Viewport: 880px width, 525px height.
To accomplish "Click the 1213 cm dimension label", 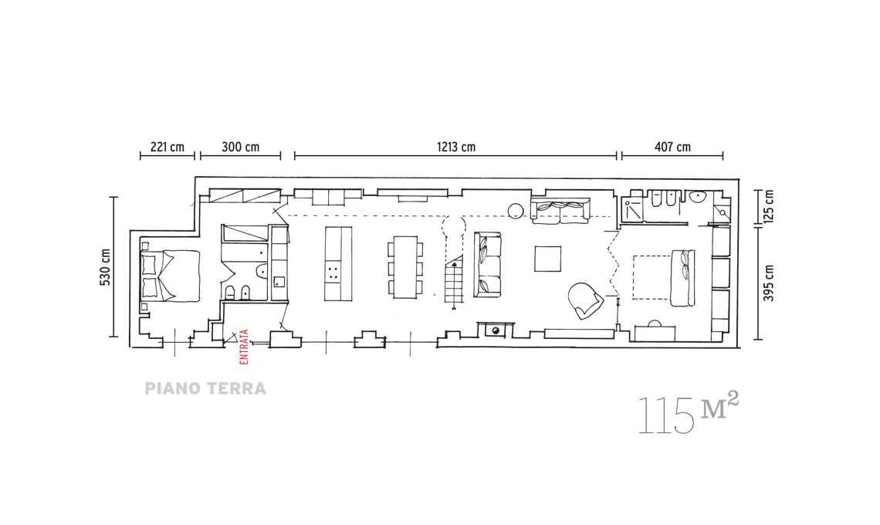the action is tap(455, 147).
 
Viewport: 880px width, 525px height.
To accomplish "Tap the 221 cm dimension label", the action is tap(168, 147).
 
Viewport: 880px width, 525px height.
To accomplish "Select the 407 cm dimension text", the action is tap(672, 147).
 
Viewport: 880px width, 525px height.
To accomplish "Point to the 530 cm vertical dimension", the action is tap(105, 266).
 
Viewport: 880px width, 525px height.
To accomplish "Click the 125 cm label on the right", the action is tap(769, 206).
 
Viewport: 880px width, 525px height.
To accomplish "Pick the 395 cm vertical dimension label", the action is tap(769, 283).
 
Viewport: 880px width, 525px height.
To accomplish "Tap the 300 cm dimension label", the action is tap(240, 147).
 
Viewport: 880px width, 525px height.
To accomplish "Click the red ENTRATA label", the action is tap(244, 347).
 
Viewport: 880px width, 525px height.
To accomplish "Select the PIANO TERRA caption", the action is tap(205, 388).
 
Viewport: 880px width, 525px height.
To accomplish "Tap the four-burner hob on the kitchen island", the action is tap(333, 273).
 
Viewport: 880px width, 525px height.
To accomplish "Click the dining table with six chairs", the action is tap(404, 267).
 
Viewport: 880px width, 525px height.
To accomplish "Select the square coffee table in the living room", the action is tap(547, 259).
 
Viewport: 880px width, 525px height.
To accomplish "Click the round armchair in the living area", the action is tap(585, 300).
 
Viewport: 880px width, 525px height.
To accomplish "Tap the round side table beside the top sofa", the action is tap(516, 211).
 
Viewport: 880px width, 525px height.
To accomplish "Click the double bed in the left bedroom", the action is tap(170, 275).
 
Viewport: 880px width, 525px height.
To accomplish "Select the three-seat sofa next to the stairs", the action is tap(488, 265).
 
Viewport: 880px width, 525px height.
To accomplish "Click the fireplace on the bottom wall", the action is tap(496, 330).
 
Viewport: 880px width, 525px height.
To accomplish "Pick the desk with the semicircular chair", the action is tap(655, 330).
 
